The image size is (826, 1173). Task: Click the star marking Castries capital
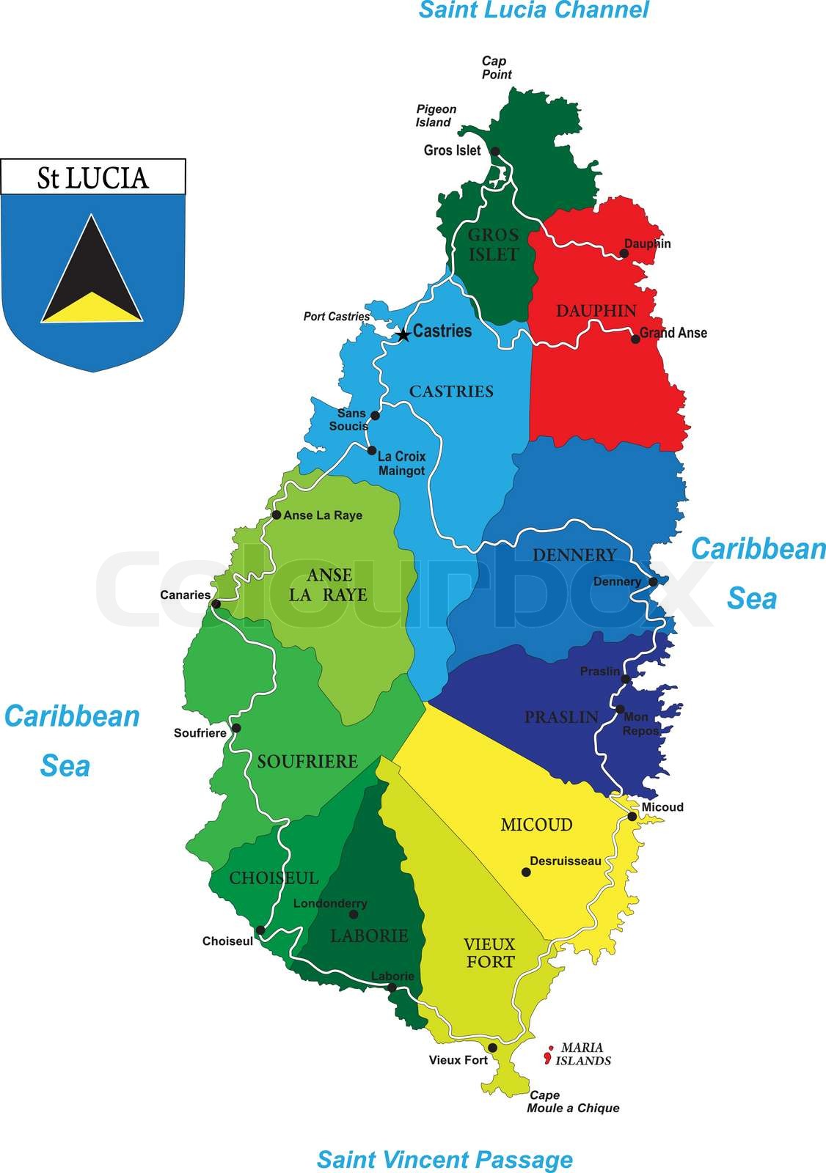pos(403,335)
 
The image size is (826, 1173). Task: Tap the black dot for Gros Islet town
pos(495,152)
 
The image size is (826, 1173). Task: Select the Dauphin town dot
pos(624,254)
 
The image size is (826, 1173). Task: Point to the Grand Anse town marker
pos(635,339)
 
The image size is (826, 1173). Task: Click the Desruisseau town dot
pos(526,872)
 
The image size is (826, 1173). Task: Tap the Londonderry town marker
pos(354,914)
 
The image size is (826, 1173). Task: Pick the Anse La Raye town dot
pos(276,515)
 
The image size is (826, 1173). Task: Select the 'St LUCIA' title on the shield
pos(93,178)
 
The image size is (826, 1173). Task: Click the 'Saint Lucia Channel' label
pos(533,10)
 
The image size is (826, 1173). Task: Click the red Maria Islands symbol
pos(547,1056)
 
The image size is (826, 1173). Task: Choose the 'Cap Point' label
pos(497,67)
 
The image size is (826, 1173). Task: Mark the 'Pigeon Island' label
pos(436,116)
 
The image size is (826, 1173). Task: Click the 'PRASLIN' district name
pos(561,717)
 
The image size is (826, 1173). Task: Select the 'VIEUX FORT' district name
pos(490,952)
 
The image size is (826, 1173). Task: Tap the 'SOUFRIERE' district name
pos(307,762)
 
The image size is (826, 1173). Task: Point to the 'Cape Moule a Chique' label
pos(572,1102)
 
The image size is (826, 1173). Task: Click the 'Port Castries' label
pos(337,317)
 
